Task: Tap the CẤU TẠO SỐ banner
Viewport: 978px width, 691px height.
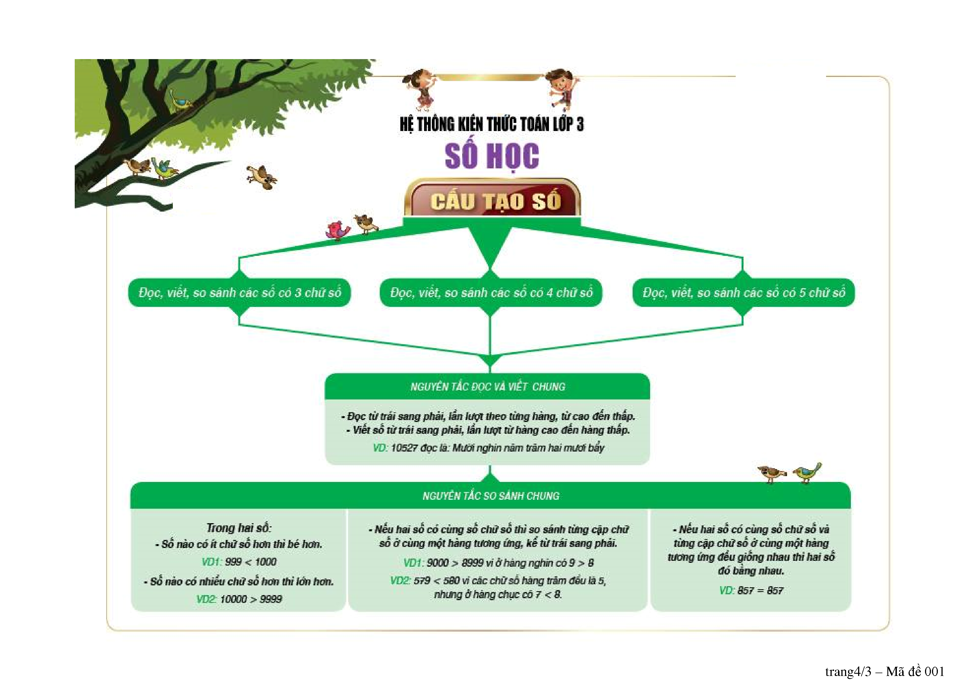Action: coord(493,201)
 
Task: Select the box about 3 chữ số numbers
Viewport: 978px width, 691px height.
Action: coord(239,292)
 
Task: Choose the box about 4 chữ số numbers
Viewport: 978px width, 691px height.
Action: coord(491,292)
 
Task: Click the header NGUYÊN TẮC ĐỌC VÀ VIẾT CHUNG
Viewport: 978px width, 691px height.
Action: coord(487,387)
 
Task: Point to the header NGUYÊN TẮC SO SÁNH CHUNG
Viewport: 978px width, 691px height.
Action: coord(491,496)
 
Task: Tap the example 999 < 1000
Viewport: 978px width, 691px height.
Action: coord(250,562)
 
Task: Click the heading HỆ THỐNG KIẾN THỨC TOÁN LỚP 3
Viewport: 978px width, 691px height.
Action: coord(491,124)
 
